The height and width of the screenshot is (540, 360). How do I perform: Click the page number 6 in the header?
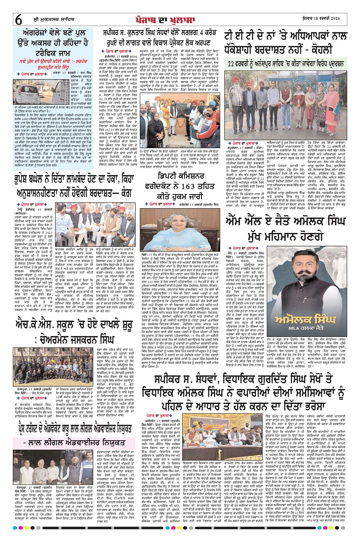click(x=19, y=19)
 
